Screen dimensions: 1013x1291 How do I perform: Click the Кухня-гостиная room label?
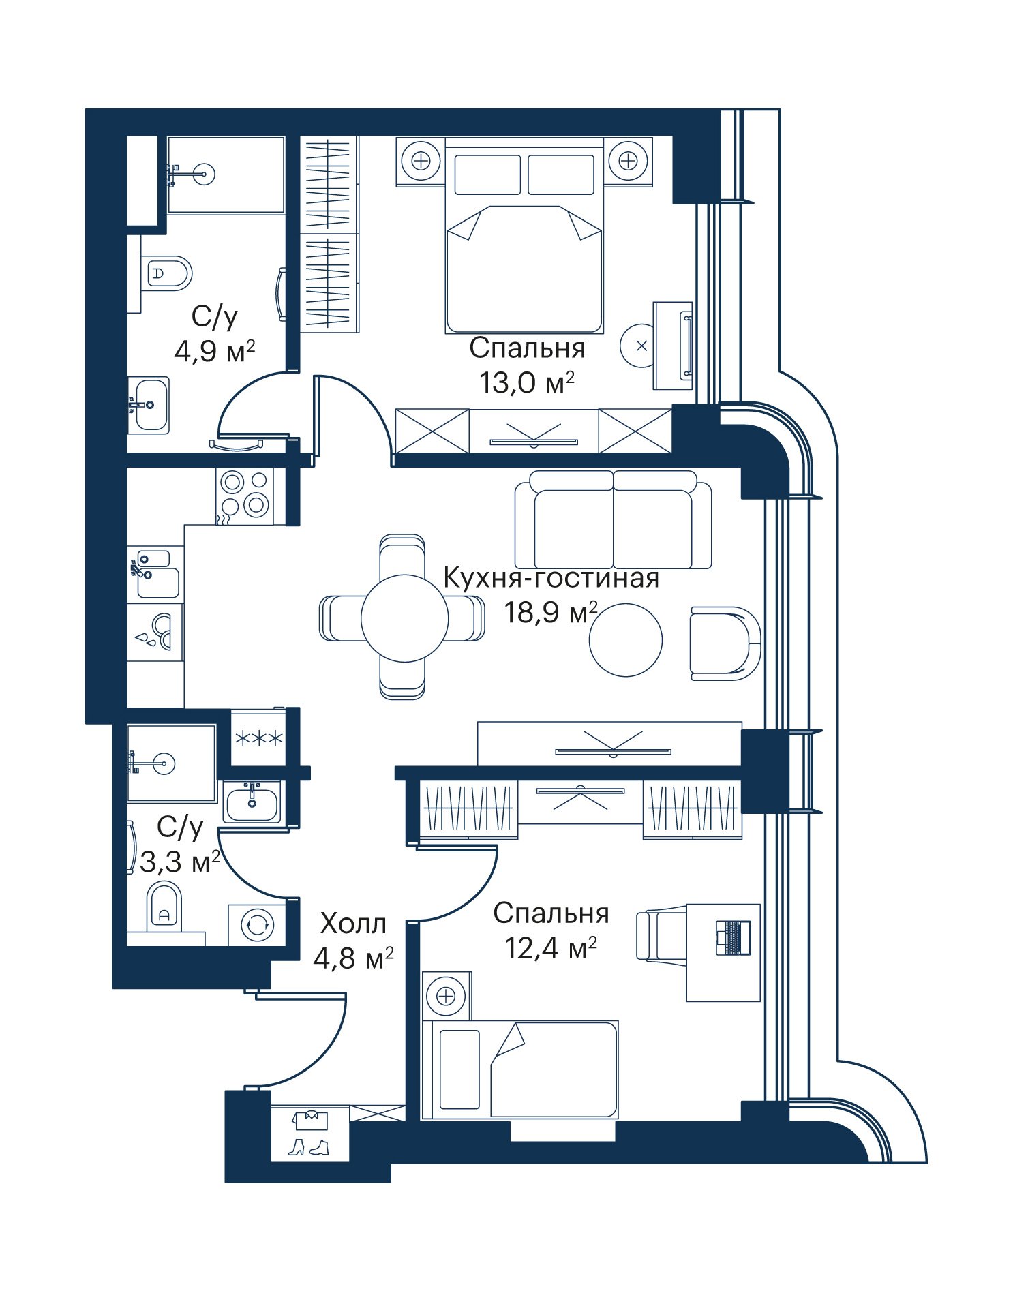click(x=551, y=578)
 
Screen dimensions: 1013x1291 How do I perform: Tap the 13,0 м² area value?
click(x=526, y=382)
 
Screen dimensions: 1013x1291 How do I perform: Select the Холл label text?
click(x=353, y=924)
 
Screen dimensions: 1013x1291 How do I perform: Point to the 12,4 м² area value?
click(x=551, y=947)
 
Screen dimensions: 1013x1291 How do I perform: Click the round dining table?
click(x=404, y=618)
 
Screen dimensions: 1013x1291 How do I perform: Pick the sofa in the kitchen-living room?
click(x=613, y=519)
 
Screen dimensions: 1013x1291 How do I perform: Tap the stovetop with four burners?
click(x=245, y=496)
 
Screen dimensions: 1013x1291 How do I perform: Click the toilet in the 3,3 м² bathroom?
click(x=164, y=907)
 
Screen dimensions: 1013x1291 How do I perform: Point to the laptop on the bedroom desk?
click(x=733, y=937)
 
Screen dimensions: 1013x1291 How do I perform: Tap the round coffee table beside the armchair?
click(x=626, y=640)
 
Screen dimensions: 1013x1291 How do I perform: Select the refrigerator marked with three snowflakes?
click(x=258, y=738)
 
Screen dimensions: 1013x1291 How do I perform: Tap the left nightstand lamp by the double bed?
click(x=421, y=161)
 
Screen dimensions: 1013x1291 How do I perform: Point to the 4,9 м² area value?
click(x=215, y=352)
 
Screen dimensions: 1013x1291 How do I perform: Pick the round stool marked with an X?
click(x=641, y=346)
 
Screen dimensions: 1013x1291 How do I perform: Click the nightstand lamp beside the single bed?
click(x=446, y=997)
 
